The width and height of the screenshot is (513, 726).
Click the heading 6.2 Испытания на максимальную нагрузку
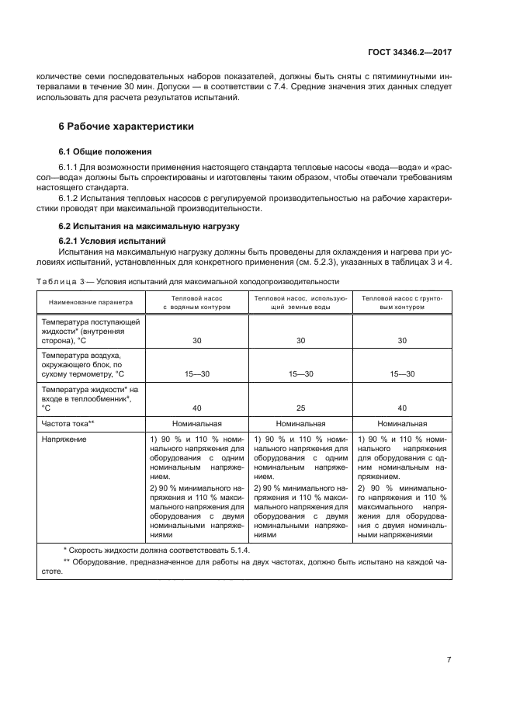[144, 226]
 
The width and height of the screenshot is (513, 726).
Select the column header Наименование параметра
[91, 302]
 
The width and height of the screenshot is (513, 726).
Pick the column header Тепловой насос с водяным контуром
[197, 302]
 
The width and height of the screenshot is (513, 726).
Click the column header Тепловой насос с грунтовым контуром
[402, 302]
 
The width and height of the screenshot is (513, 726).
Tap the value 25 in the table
[300, 408]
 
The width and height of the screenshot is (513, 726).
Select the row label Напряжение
[64, 439]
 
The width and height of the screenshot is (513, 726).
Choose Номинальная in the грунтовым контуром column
[402, 424]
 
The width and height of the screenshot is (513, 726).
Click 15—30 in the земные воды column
[300, 374]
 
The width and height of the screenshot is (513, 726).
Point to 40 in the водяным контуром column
[197, 408]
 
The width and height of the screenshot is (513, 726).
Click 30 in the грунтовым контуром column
[402, 340]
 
